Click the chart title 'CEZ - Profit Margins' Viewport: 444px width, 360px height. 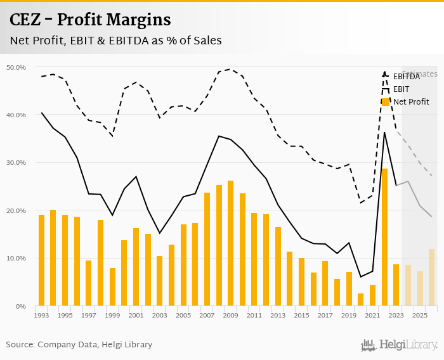click(90, 20)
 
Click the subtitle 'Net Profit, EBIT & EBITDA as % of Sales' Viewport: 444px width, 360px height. click(115, 41)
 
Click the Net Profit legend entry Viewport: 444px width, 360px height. click(410, 101)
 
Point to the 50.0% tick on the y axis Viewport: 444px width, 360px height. click(16, 67)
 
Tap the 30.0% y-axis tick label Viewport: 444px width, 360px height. click(16, 163)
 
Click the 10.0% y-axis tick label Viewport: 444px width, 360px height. click(16, 259)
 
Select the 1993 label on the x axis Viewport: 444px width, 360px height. click(41, 315)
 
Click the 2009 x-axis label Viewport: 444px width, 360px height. click(230, 315)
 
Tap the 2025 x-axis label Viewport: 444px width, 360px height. click(419, 315)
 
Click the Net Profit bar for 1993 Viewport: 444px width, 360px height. click(41, 260)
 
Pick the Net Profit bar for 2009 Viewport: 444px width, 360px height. click(230, 243)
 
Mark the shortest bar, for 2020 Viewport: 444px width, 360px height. click(360, 299)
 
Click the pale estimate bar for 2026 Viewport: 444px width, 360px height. click(431, 277)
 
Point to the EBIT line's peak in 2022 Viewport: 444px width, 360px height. click(384, 132)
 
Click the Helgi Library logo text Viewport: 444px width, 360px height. click(408, 345)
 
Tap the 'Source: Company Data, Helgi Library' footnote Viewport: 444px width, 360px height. click(79, 345)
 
